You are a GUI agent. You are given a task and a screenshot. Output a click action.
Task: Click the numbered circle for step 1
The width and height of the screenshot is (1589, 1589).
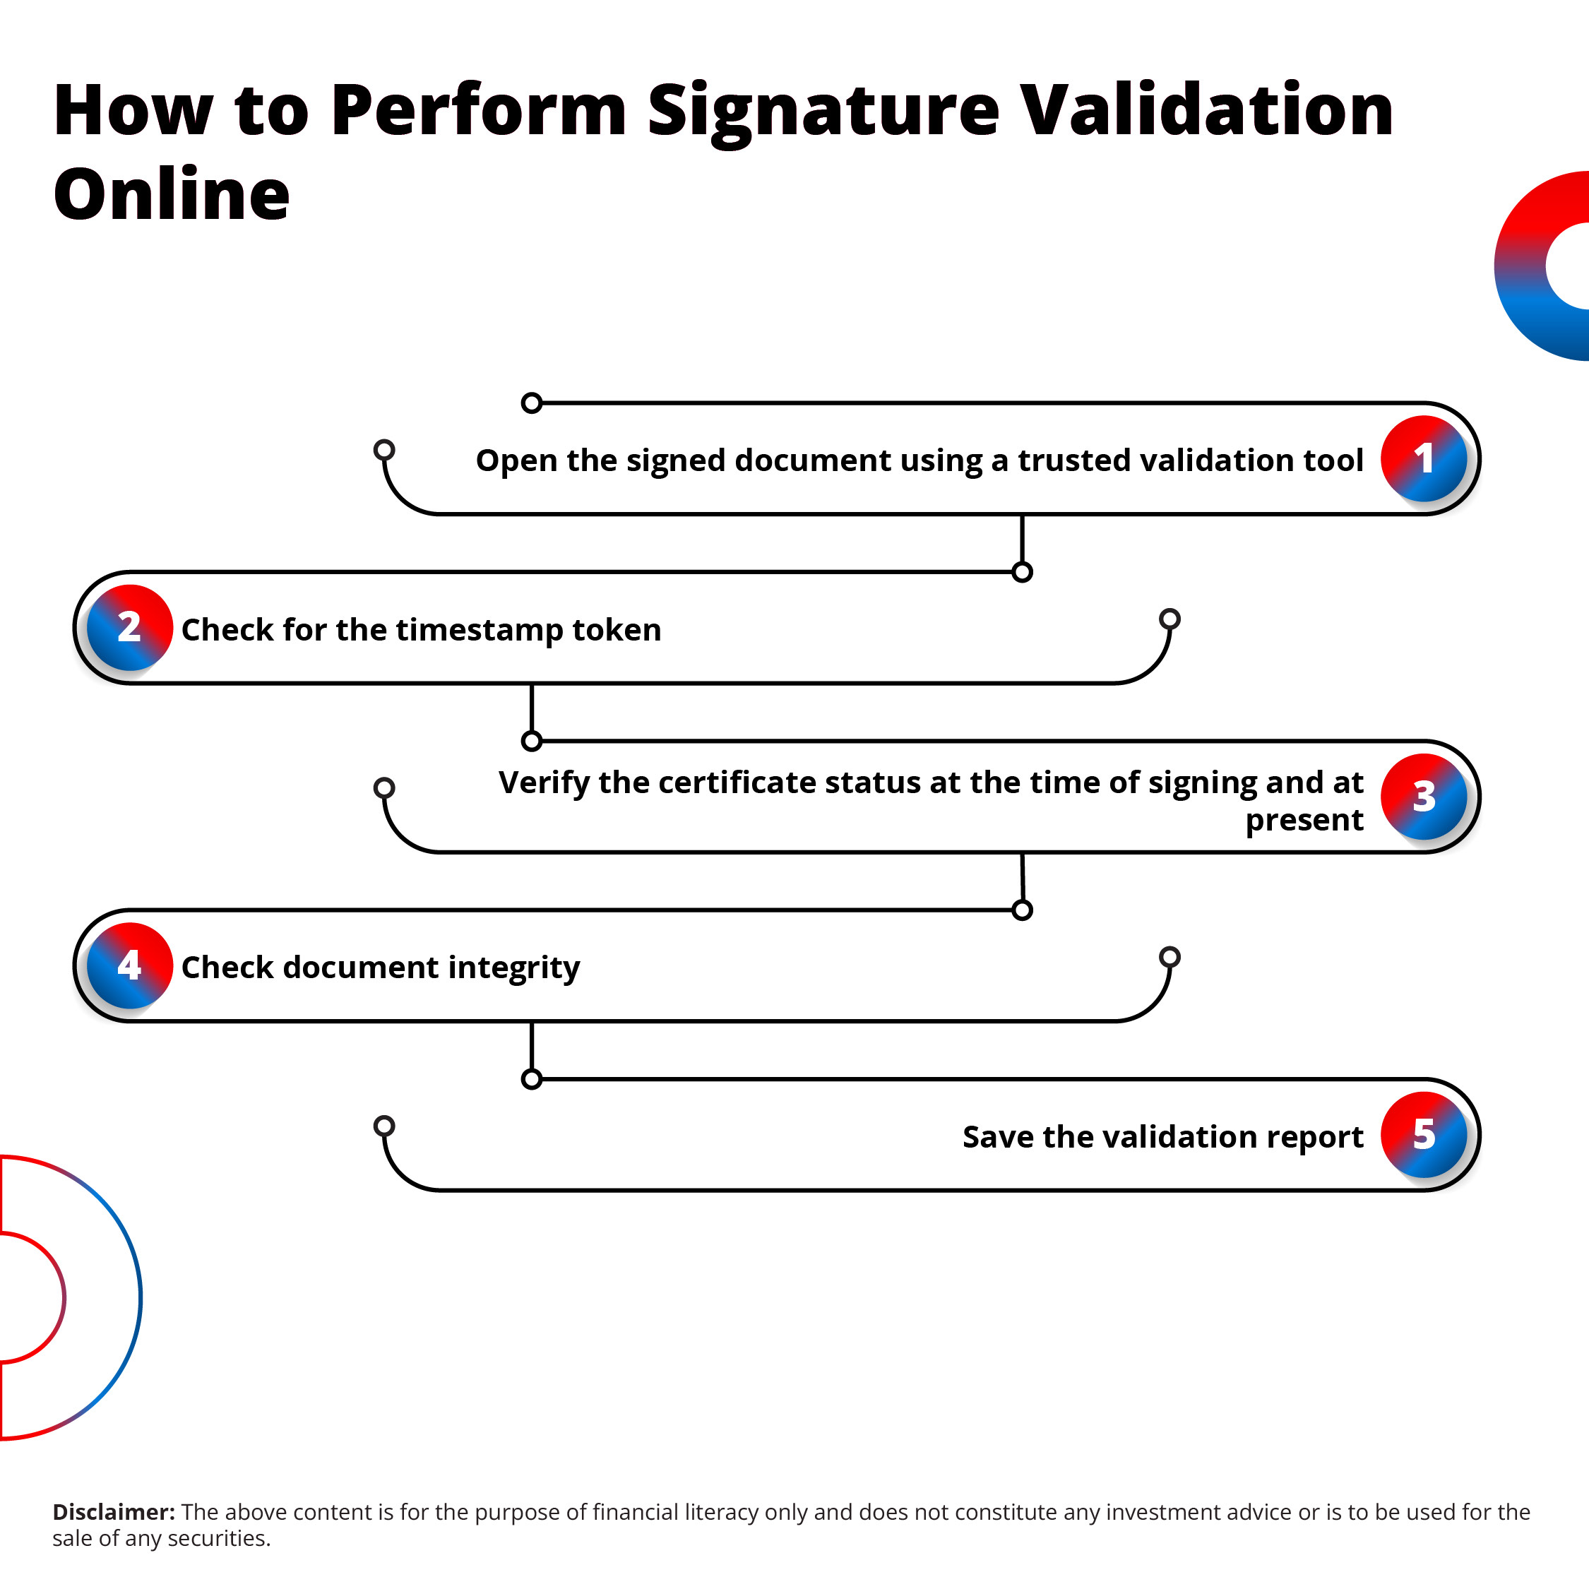coord(1424,459)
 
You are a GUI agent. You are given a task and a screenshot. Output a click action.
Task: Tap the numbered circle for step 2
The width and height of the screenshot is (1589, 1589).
coord(129,628)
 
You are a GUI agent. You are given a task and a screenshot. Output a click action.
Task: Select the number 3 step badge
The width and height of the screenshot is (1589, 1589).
coord(1424,797)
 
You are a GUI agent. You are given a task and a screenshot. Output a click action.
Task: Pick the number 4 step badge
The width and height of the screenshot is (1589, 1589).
coord(129,965)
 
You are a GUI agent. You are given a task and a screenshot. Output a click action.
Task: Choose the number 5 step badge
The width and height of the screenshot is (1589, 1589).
coord(1424,1135)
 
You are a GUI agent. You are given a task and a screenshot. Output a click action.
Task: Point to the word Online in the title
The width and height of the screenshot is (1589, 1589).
coord(171,195)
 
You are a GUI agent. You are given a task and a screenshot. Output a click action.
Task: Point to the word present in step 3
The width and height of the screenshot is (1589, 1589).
coord(1304,820)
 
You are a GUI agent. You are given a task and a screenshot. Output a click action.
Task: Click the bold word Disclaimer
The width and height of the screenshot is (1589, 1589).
coord(114,1512)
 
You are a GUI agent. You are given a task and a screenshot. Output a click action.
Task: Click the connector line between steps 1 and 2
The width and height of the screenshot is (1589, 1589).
coord(1023,541)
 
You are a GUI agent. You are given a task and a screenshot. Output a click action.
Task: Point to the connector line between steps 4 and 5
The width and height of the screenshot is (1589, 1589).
coord(532,1048)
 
